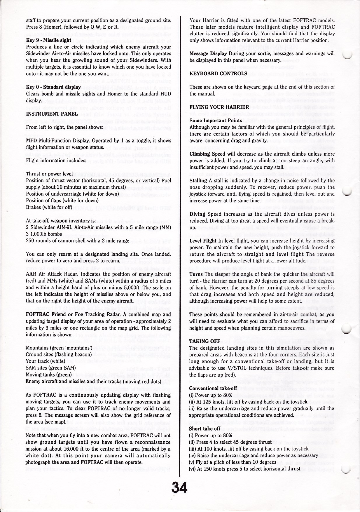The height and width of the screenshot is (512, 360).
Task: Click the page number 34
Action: [x=179, y=487]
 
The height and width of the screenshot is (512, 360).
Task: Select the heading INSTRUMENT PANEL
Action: [x=52, y=114]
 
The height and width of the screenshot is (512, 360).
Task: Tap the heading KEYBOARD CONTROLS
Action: [x=218, y=73]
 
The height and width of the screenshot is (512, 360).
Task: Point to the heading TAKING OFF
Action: [x=203, y=341]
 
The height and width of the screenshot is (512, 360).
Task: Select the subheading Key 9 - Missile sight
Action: [x=49, y=40]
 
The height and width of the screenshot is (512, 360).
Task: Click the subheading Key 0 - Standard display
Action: [x=53, y=87]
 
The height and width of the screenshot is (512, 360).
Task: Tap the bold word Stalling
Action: [x=198, y=180]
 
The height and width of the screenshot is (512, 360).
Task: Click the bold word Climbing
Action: [x=200, y=154]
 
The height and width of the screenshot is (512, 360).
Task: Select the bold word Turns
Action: [x=196, y=274]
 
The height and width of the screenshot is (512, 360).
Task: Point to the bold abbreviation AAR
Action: [x=31, y=274]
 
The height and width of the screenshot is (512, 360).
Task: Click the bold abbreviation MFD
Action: [x=31, y=141]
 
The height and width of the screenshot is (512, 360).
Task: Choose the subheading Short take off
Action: [x=205, y=429]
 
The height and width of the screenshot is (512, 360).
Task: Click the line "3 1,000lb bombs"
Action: [x=44, y=234]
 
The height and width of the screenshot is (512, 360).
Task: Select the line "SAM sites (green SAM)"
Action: [x=51, y=368]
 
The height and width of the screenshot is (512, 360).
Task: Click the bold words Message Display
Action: [x=208, y=53]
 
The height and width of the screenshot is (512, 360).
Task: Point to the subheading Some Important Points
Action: [x=216, y=120]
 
